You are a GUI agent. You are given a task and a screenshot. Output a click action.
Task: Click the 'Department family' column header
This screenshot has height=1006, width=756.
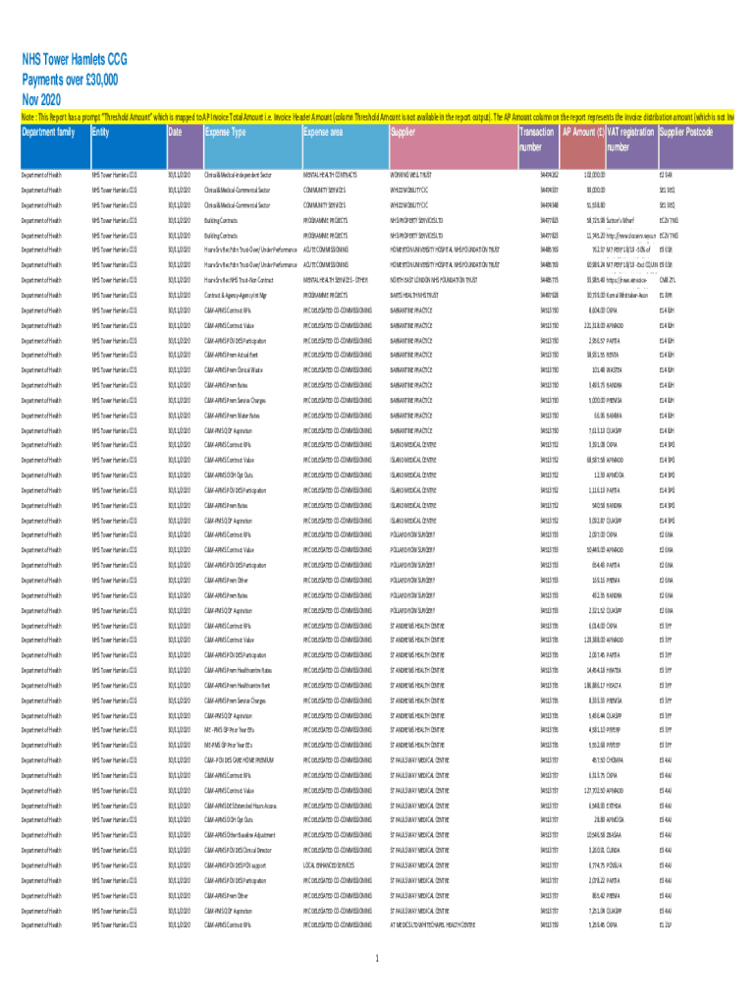coord(48,132)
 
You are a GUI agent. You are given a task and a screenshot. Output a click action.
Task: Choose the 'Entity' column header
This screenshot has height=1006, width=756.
coord(100,132)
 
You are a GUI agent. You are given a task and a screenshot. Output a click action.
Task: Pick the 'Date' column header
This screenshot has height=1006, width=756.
coord(175,132)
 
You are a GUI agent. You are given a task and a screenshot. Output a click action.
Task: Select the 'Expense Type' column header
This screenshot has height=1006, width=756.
coord(225,132)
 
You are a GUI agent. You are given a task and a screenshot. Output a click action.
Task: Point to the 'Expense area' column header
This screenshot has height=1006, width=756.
coord(324,132)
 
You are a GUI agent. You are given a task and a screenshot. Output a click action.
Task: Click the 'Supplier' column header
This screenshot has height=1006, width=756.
coord(403,132)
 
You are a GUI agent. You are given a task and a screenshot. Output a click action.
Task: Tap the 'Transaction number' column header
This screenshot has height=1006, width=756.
coord(536,140)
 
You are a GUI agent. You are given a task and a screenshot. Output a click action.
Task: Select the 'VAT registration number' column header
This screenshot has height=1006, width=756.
coord(630,140)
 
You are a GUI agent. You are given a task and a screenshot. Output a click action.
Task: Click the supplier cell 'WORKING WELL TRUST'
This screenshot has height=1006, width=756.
coord(416,175)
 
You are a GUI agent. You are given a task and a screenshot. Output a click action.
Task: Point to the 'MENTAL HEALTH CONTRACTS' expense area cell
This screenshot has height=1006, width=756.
coord(330,175)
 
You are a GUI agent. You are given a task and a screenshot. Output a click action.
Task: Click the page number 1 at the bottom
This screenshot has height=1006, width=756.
coord(378,959)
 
